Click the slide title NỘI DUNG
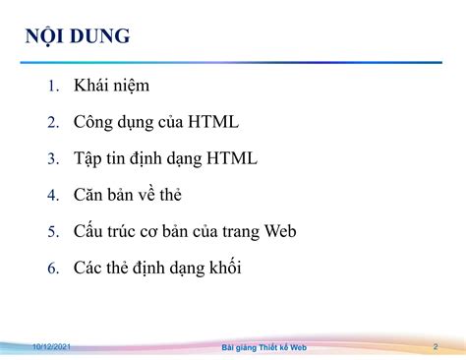78,38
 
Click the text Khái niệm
111,86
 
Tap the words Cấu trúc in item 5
108,231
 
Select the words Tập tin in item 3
101,158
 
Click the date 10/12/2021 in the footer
50,347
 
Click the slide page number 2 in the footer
435,347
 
